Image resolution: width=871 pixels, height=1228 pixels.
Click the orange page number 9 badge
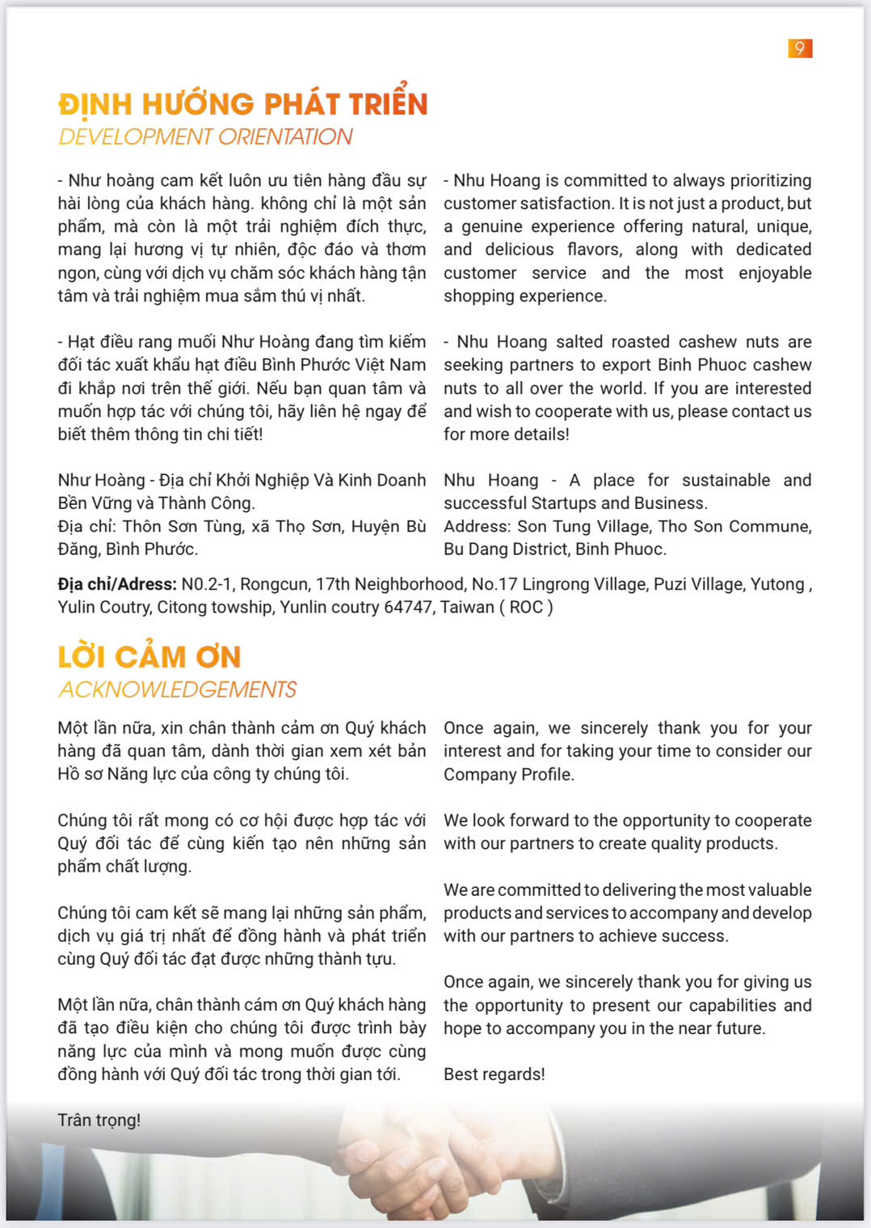[x=800, y=48]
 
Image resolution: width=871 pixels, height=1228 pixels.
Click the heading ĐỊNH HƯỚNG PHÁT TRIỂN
[x=242, y=103]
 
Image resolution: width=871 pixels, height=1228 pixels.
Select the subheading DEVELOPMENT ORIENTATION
[x=205, y=137]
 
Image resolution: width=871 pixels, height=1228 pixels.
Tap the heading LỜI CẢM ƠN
[x=149, y=656]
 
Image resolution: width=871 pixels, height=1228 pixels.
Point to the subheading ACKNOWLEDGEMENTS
[x=178, y=689]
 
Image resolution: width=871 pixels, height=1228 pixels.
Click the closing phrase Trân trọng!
[x=99, y=1120]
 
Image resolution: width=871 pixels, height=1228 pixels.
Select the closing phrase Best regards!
[x=494, y=1074]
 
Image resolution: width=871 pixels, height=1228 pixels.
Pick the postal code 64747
[x=409, y=607]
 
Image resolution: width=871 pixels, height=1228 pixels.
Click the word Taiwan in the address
[x=467, y=607]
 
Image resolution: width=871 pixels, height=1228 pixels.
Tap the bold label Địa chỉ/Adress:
[x=117, y=584]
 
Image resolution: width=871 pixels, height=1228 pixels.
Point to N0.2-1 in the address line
[x=208, y=584]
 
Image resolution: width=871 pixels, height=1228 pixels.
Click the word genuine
[x=498, y=226]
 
